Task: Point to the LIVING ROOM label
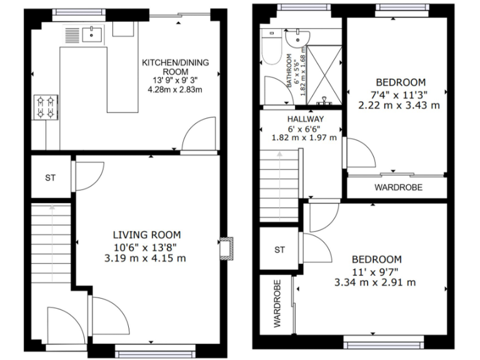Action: tap(146, 235)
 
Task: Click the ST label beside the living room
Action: tap(50, 178)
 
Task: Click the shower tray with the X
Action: tap(324, 74)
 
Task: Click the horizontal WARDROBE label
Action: tap(398, 187)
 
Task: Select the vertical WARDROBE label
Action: tap(277, 304)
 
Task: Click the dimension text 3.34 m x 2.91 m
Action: tap(376, 282)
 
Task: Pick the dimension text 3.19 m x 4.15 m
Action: tap(146, 257)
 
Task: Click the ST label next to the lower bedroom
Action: tap(279, 250)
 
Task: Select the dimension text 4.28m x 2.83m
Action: tap(175, 89)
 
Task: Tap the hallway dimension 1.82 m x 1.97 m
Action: tap(305, 137)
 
